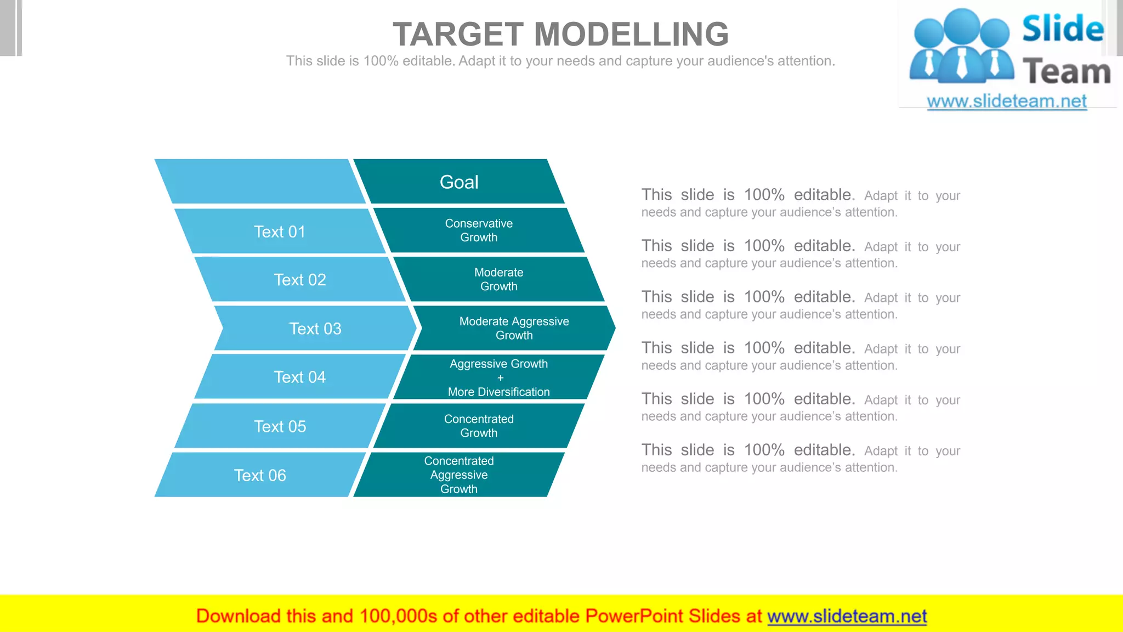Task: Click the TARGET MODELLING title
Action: click(x=560, y=34)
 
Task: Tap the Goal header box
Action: click(x=459, y=182)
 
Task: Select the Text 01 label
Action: click(x=280, y=232)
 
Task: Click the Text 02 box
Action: click(x=300, y=280)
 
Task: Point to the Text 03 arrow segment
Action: click(x=315, y=328)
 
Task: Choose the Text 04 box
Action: click(x=300, y=377)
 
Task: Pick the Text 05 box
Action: click(x=280, y=426)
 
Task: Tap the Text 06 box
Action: click(x=260, y=475)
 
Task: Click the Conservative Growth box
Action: click(x=479, y=230)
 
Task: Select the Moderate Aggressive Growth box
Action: click(x=514, y=328)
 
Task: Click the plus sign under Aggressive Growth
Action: click(x=500, y=378)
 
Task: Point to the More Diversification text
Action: click(x=498, y=392)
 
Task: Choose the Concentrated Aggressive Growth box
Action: click(x=459, y=475)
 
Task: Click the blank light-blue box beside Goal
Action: click(x=260, y=182)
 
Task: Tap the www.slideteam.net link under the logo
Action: click(x=1007, y=101)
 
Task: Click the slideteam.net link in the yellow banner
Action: click(x=847, y=616)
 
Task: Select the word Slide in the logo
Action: click(x=1063, y=29)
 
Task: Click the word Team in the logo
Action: click(x=1067, y=72)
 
